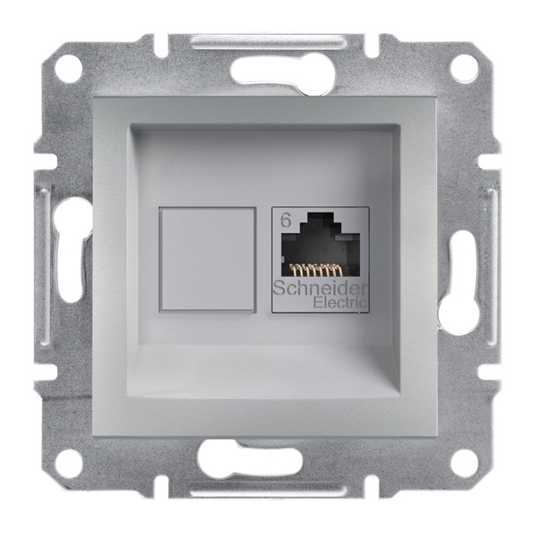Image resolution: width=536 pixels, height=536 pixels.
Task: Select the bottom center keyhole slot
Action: point(268,465)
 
